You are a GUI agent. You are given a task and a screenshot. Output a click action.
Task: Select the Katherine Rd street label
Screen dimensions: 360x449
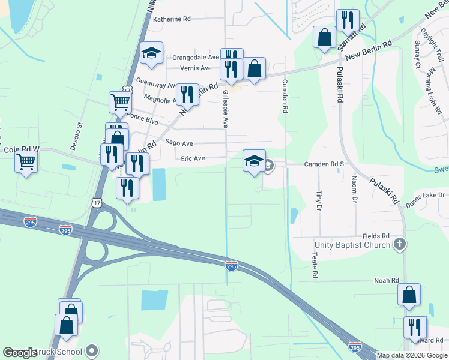click(x=172, y=19)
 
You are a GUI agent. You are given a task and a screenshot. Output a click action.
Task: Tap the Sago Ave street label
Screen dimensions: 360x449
click(x=179, y=143)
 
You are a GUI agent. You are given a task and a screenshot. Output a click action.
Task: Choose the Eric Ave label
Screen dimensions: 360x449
click(x=193, y=158)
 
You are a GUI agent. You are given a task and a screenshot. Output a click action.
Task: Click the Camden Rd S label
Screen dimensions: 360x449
click(x=323, y=163)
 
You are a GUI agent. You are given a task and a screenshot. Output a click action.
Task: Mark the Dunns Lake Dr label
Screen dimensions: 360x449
click(x=424, y=195)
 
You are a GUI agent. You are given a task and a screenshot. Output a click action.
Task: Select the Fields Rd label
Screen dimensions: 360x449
click(x=376, y=236)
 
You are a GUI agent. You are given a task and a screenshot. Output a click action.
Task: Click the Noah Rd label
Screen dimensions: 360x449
click(x=387, y=280)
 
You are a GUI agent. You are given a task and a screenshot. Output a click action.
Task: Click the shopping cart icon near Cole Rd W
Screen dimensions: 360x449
click(x=26, y=161)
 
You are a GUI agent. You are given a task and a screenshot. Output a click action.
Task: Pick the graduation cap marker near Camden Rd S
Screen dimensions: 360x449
click(x=254, y=161)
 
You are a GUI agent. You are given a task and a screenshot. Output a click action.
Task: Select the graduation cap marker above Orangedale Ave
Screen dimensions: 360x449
click(x=152, y=54)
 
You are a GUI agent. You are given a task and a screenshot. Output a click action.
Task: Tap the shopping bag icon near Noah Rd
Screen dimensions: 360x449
click(x=409, y=295)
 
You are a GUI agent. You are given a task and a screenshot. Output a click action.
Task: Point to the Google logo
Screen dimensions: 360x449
click(x=20, y=353)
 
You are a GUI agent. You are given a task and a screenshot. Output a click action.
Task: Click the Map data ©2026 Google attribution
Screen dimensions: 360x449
click(x=412, y=355)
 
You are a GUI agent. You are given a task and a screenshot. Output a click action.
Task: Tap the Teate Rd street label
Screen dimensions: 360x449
click(x=314, y=265)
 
